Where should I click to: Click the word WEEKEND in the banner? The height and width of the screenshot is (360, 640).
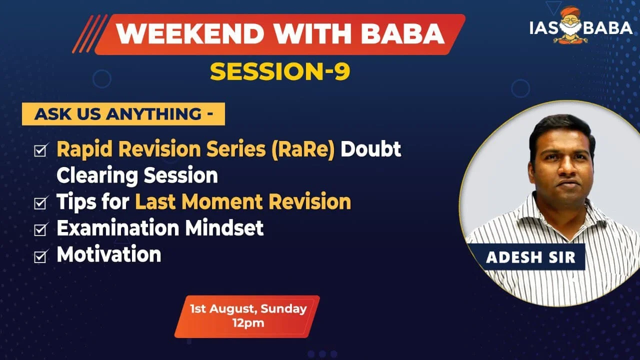190,33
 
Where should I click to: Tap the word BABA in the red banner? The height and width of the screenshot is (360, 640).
402,33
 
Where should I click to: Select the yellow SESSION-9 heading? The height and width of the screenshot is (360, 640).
280,71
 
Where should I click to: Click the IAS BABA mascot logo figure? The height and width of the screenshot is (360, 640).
570,25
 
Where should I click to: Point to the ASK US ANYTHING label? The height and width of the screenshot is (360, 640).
123,114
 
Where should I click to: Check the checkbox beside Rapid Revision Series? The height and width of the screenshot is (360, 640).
41,150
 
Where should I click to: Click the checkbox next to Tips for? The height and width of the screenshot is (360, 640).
41,202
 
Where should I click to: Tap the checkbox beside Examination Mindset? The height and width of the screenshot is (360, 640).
41,229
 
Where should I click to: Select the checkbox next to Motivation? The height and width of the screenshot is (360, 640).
41,255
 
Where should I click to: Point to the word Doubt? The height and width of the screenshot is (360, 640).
371,149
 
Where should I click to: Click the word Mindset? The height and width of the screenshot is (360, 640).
224,227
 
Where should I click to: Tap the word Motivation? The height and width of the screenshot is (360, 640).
109,254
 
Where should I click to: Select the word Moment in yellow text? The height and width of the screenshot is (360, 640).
222,201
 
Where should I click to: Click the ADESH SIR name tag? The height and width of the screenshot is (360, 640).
530,257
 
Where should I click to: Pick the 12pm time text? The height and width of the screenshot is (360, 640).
248,323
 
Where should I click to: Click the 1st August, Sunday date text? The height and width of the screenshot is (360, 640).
248,308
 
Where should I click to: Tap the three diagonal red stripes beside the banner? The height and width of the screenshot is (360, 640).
89,33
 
